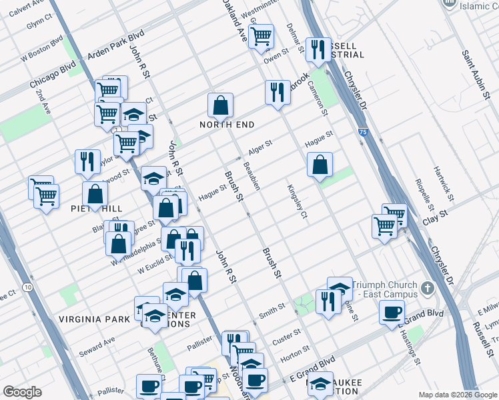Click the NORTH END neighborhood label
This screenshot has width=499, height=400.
coord(227,125)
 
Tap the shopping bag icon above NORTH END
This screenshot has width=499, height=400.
coord(220,105)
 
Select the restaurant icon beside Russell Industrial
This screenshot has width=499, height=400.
coord(318,49)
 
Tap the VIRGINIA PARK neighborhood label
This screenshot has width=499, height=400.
coord(94,319)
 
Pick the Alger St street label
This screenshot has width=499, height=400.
coord(260,147)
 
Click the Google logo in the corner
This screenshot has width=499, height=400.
coord(22,392)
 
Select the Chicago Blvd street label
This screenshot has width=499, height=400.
coord(53,78)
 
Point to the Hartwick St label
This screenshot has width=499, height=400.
coord(444,184)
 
